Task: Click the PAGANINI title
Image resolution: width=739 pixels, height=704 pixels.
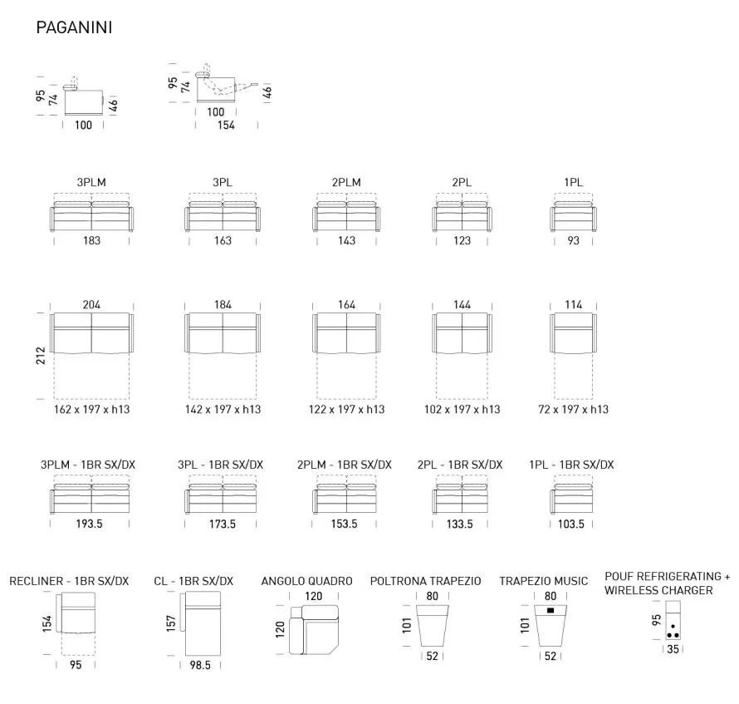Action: (74, 27)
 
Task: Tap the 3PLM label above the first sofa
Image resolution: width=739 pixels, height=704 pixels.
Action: (91, 182)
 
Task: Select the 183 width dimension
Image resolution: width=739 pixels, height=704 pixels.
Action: (91, 241)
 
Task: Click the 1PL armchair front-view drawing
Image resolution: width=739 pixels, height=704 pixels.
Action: (573, 217)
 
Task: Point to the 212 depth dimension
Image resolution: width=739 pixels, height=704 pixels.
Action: (41, 356)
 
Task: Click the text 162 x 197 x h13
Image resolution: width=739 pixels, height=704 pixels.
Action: (91, 409)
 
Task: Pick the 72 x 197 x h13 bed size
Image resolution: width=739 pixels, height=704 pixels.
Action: (573, 409)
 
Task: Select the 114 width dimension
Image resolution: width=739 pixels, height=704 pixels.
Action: (573, 305)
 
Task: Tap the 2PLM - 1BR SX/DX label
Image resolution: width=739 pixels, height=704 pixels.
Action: (345, 465)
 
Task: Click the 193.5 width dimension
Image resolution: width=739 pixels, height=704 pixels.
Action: (89, 524)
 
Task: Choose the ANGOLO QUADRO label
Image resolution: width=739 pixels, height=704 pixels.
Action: (307, 581)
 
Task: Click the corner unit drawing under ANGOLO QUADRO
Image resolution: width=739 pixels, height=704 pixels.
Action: (315, 630)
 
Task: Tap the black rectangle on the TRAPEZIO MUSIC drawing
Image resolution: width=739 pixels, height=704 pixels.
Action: (551, 611)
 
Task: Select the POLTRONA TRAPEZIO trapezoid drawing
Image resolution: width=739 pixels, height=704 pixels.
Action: (432, 626)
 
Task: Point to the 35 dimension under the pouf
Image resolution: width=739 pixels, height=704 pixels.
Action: (673, 649)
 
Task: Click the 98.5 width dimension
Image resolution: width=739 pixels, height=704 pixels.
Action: (200, 665)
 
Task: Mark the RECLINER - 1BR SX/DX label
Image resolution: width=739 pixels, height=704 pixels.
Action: (69, 581)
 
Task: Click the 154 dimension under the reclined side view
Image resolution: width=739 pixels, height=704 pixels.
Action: (226, 125)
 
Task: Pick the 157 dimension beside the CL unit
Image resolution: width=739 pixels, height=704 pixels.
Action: (171, 623)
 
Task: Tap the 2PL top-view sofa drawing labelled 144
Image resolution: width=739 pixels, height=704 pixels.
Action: (462, 333)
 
